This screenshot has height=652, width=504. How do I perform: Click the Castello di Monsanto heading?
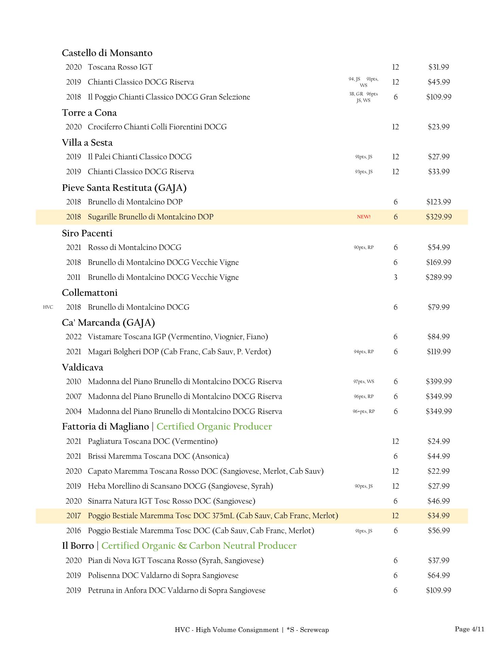pos(107,53)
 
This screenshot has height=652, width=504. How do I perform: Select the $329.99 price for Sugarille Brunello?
pos(438,217)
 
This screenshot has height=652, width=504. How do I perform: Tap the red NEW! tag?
pos(363,217)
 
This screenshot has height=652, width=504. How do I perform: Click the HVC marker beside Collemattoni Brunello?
pos(48,307)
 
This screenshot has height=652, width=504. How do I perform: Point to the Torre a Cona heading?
pos(89,113)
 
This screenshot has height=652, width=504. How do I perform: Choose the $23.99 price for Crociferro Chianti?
pos(438,127)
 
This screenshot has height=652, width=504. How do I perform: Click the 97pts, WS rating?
pos(363,381)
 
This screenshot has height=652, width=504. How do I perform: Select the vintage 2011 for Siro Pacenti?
pos(73,277)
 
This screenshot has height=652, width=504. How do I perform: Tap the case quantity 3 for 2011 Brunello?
pos(395,277)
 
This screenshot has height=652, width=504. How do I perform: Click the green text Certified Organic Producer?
pos(214,427)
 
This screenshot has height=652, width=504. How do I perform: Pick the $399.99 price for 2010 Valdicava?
pos(438,381)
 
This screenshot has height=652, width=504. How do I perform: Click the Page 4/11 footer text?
pos(469,629)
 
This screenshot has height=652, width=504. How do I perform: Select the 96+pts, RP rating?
pos(363,411)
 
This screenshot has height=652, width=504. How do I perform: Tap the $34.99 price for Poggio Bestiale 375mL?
pos(438,515)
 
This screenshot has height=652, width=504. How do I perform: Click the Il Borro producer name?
pos(78,546)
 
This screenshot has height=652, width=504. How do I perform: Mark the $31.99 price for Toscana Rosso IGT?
pos(438,67)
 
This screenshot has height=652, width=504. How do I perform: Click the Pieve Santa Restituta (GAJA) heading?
pos(124,188)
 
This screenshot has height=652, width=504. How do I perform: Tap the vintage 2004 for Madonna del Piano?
pos(73,411)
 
